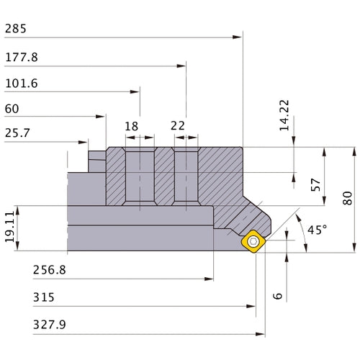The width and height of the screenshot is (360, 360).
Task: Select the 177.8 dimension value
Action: tap(21, 57)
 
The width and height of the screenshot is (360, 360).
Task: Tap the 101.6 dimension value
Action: tap(21, 84)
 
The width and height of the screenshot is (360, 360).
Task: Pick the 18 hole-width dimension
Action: tap(131, 126)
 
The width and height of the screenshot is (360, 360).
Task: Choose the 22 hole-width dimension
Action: tap(178, 126)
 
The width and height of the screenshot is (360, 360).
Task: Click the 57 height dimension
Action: tap(315, 184)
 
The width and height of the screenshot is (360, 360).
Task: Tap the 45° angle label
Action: tap(317, 230)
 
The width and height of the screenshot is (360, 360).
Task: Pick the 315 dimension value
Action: tap(43, 297)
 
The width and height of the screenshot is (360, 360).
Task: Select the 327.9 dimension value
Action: tap(49, 324)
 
